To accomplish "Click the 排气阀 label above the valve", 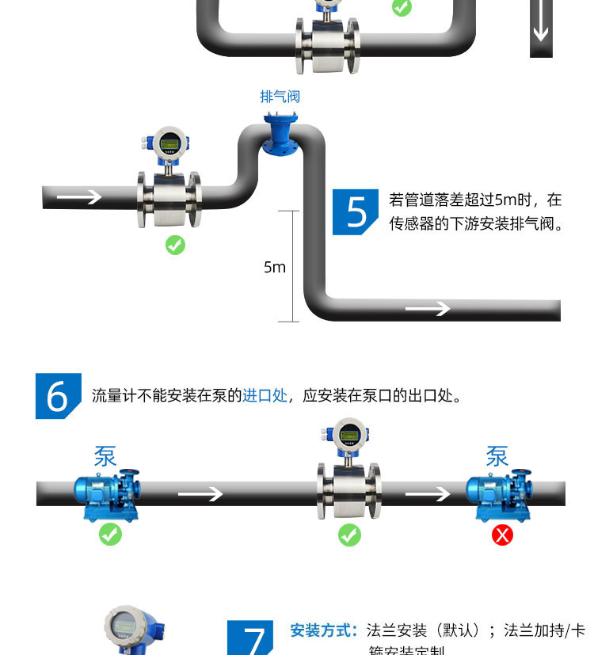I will point(280,97).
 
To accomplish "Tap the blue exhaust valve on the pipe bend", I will point(280,135).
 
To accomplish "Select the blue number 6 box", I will point(58,396).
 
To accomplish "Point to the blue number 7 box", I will point(250,638).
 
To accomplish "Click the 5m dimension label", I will point(275,268).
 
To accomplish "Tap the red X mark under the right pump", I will point(502,535).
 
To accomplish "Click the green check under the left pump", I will point(110,535).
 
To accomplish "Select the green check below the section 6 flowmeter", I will point(349,535).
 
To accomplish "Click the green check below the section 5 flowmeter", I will point(175,245).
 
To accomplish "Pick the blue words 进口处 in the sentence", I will point(265,395).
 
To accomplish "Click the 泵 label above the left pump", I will point(105,457).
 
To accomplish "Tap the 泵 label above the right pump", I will point(497,457).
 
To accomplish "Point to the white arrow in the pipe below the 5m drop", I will point(428,308).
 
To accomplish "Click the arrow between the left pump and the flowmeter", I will point(200,494).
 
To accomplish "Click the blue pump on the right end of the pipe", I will point(499,493).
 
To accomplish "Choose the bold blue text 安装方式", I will point(324,630).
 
